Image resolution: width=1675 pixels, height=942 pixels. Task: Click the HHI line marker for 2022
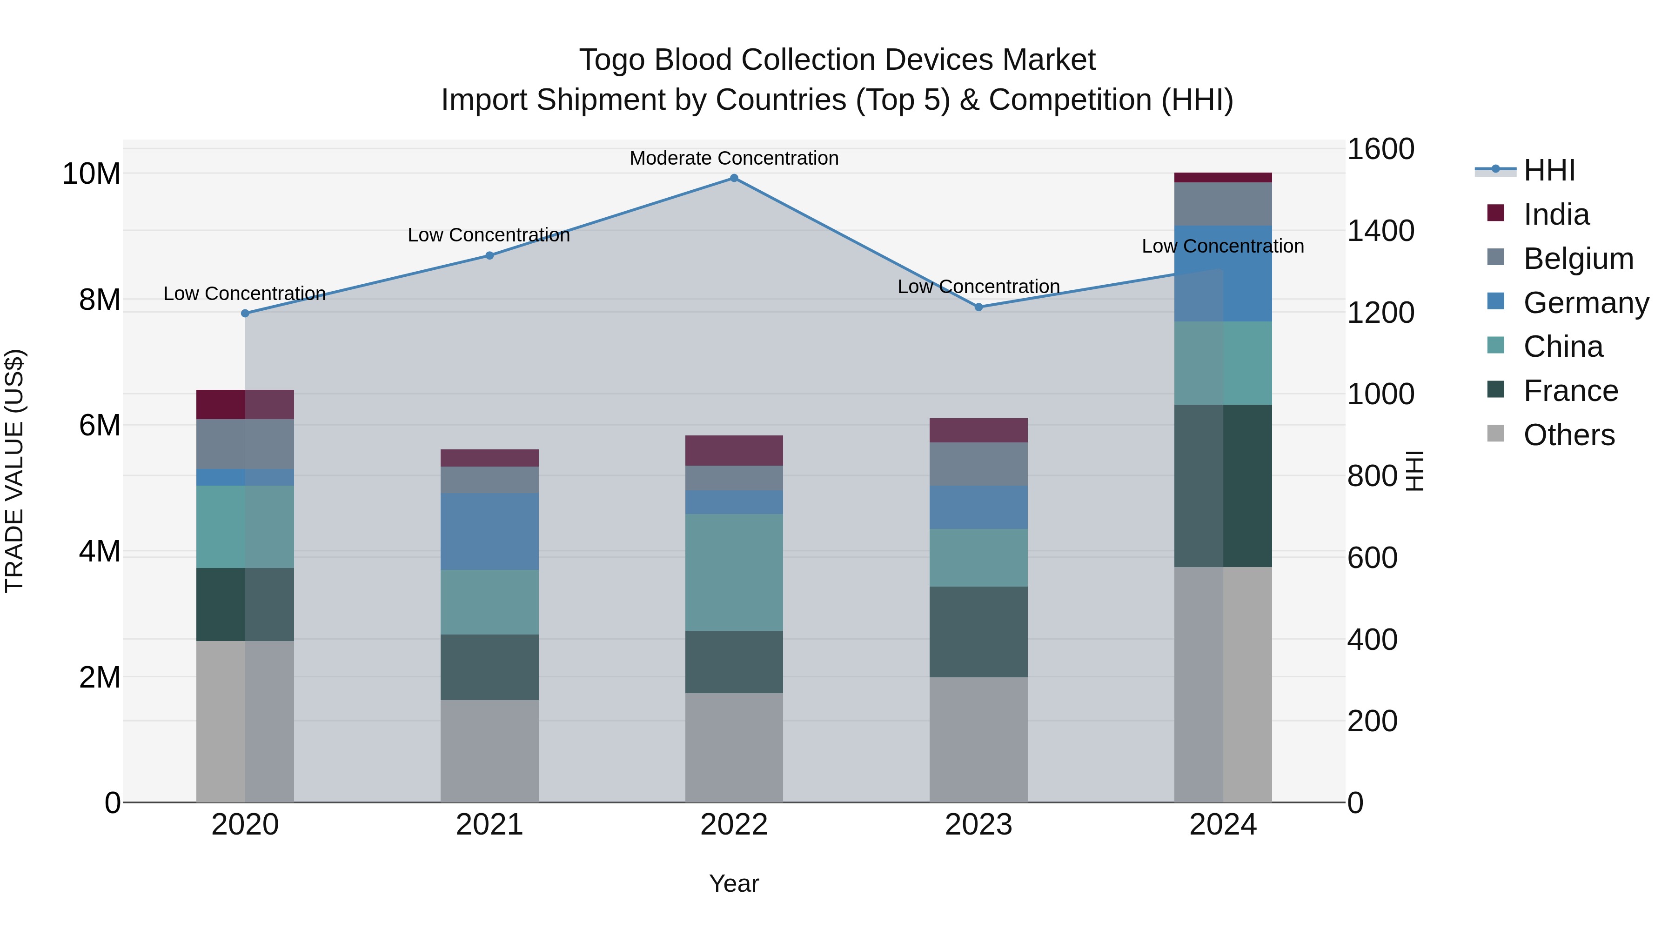click(x=734, y=178)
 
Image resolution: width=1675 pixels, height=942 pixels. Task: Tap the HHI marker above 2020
click(x=245, y=314)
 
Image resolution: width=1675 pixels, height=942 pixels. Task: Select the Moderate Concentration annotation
click(x=734, y=158)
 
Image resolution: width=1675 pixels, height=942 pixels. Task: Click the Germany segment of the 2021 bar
click(x=489, y=531)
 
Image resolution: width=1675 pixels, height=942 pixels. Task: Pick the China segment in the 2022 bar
click(x=734, y=572)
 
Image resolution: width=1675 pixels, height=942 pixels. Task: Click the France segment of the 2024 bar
click(x=1223, y=486)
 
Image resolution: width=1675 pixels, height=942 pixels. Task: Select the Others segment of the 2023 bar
click(x=978, y=739)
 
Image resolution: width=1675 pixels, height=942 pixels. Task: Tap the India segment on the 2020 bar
click(x=245, y=404)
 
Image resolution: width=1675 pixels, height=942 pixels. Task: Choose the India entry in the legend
click(x=1556, y=214)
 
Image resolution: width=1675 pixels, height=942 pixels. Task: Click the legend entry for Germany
click(x=1585, y=303)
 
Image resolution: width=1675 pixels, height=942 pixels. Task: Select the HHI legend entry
click(x=1549, y=170)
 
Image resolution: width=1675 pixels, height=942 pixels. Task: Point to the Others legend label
click(x=1569, y=435)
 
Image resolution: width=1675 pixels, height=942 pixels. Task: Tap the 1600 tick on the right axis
click(x=1380, y=149)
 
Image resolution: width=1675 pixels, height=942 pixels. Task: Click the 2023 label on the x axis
click(x=978, y=825)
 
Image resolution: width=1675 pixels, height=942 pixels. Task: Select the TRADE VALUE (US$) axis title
click(x=14, y=471)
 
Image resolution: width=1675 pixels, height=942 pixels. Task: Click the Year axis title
click(x=734, y=883)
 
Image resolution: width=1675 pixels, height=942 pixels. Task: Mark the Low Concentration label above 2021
click(x=489, y=235)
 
